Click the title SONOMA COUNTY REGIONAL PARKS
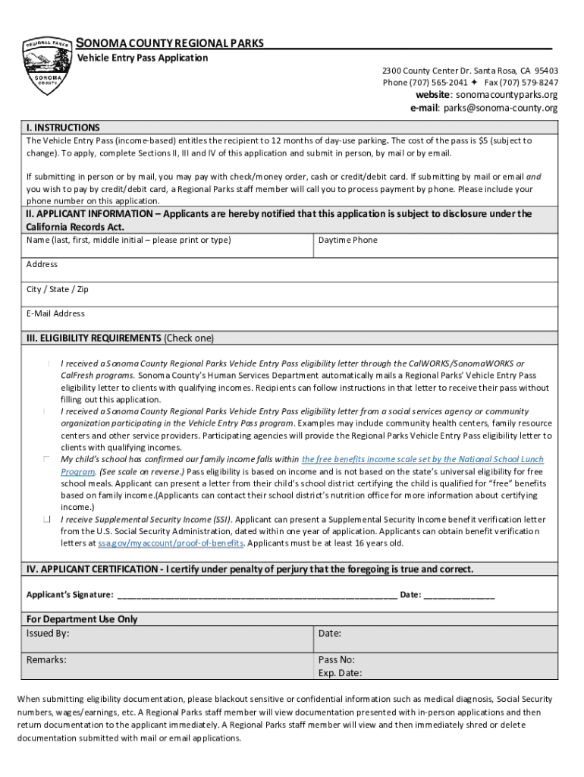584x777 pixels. point(171,43)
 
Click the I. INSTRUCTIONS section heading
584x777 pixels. point(63,127)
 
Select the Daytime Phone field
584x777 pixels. point(435,247)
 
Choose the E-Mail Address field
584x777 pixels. point(292,319)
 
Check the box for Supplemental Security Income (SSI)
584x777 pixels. point(47,520)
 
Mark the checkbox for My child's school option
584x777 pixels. point(47,460)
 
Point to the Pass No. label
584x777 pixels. point(337,659)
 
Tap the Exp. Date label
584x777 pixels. point(340,673)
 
